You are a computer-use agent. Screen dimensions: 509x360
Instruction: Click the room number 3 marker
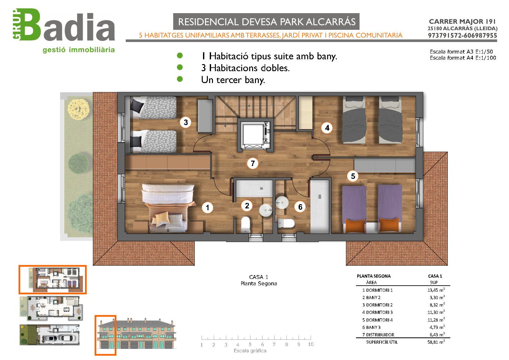point(186,122)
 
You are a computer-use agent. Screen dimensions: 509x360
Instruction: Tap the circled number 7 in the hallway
point(253,163)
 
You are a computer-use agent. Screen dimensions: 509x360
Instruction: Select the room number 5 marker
point(353,176)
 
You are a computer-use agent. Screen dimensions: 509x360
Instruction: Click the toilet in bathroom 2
point(245,225)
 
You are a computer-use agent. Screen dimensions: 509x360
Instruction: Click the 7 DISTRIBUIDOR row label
point(378,335)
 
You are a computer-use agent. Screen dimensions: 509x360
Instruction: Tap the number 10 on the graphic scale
point(310,344)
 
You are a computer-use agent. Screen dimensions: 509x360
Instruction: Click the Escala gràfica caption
point(250,351)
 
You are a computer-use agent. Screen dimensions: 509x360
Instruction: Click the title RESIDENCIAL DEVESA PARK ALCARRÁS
point(267,22)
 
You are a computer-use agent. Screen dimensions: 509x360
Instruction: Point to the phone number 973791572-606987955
point(462,36)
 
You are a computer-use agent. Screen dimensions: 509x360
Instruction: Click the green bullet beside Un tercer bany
point(180,79)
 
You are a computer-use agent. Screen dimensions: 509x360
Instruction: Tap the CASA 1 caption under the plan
point(259,277)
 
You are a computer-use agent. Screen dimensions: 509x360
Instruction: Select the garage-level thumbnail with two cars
point(49,335)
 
